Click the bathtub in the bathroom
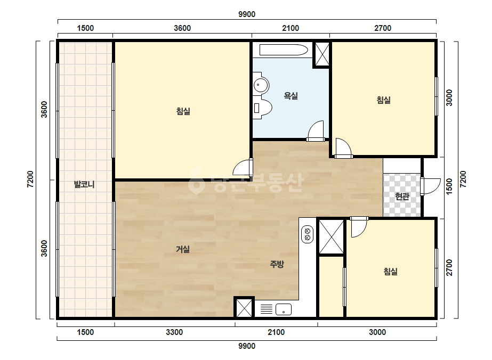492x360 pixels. [x=284, y=50]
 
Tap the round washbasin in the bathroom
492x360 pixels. [x=261, y=84]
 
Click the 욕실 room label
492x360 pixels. [x=291, y=96]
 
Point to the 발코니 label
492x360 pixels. [x=84, y=184]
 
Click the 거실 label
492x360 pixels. [x=183, y=249]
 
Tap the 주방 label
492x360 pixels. [x=277, y=264]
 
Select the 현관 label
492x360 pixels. [x=402, y=197]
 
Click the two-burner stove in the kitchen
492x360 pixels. [x=307, y=234]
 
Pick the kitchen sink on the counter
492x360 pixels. [x=284, y=309]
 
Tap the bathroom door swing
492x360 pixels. [x=316, y=131]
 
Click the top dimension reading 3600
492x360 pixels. [x=182, y=28]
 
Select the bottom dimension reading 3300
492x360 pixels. [x=174, y=332]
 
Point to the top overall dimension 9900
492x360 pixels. [x=247, y=14]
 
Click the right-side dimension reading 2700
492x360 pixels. [x=449, y=267]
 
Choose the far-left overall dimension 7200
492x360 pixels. [x=30, y=179]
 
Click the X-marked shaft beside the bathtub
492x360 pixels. [x=322, y=54]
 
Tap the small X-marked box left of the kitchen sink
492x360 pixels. [x=244, y=307]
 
